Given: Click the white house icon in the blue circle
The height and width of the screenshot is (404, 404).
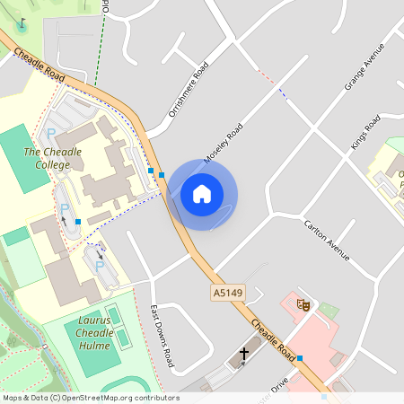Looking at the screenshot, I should [202, 194].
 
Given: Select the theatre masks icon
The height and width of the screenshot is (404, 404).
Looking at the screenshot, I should [304, 305].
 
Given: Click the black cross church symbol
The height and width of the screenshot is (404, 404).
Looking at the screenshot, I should [243, 356].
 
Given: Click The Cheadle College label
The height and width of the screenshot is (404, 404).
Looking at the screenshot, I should [52, 158].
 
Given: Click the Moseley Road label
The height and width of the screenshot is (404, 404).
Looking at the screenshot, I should [224, 144].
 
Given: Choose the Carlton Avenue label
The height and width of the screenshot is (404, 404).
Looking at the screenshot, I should [325, 239].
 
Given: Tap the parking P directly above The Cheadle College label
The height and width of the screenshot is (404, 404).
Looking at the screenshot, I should [51, 134].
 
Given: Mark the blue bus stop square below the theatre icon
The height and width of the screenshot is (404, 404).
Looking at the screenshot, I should [300, 358].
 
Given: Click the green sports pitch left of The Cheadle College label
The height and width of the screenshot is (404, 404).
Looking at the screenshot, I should [23, 158].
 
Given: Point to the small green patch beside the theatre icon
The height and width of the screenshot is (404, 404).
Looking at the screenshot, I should [329, 312].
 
